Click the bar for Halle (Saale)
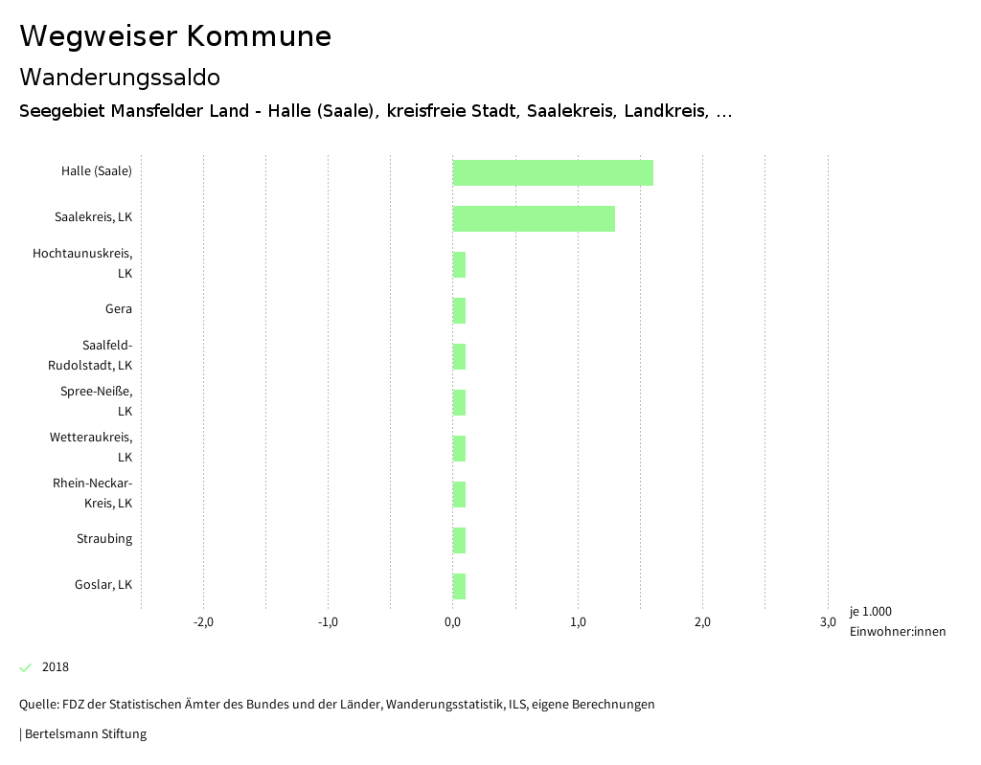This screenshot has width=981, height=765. click(x=553, y=173)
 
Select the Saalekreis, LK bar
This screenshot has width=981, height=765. click(x=534, y=218)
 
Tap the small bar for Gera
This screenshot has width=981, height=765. click(x=459, y=311)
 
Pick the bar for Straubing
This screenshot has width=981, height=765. click(x=459, y=540)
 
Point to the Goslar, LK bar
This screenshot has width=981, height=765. click(x=459, y=586)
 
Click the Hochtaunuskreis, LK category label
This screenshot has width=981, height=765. click(x=82, y=263)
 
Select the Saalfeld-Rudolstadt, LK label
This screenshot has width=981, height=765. click(x=90, y=355)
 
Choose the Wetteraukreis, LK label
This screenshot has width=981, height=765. click(x=91, y=447)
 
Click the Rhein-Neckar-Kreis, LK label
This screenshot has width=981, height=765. click(x=92, y=493)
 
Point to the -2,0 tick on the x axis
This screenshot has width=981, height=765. click(x=203, y=622)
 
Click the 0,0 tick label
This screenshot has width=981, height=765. click(x=452, y=622)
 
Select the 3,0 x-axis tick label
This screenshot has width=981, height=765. click(x=828, y=622)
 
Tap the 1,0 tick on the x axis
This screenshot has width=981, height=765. click(x=578, y=622)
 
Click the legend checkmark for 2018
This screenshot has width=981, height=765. click(x=26, y=667)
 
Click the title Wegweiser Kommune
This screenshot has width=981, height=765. click(x=175, y=36)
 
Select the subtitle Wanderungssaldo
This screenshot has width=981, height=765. click(x=120, y=77)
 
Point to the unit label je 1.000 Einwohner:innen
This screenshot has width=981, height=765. click(x=897, y=621)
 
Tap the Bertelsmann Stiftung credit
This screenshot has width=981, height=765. click(x=84, y=734)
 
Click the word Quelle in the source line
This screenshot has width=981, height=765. click(x=37, y=705)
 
